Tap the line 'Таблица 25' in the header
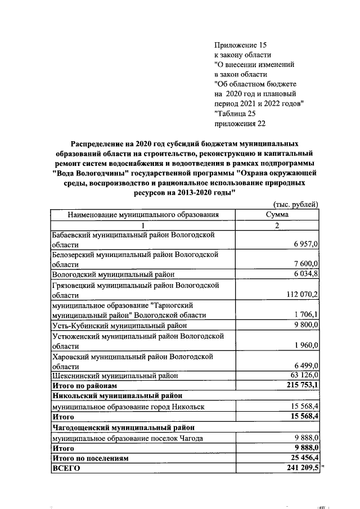[x=235, y=114]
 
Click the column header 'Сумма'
[x=277, y=215]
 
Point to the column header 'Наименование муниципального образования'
[x=143, y=215]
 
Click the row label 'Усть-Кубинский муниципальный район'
[x=119, y=325]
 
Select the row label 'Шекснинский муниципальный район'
[x=115, y=376]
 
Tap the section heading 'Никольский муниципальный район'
[x=117, y=396]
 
